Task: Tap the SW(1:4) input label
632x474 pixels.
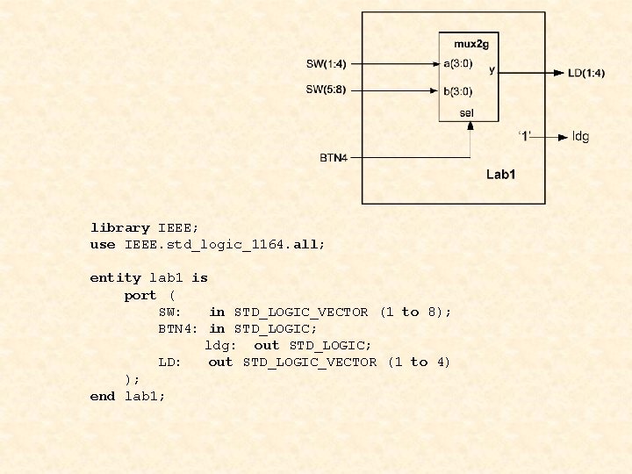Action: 326,63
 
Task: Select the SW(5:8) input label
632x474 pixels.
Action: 326,90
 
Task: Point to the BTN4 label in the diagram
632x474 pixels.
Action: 334,158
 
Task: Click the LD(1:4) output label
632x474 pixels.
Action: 586,73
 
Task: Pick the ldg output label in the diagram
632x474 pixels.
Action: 580,136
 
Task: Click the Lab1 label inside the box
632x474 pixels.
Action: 501,175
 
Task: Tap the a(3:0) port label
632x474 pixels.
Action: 458,63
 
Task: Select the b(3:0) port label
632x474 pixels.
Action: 458,90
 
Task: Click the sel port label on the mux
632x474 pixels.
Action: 467,112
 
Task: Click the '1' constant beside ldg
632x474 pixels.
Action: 524,135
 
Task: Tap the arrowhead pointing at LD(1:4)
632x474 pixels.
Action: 558,73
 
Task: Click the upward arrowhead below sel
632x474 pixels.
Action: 470,126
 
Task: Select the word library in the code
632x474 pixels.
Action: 119,227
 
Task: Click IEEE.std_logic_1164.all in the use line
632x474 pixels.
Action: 225,244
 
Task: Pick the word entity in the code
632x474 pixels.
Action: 115,277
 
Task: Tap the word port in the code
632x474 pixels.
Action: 140,295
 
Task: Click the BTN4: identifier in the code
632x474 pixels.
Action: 178,328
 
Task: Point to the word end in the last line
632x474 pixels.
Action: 103,396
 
